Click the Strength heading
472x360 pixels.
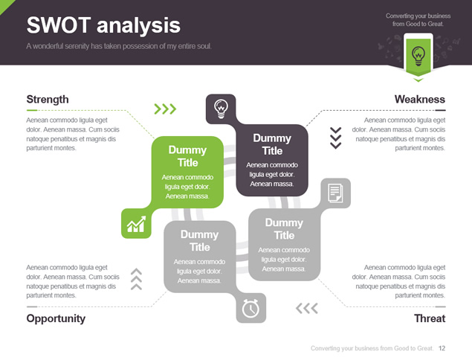48,100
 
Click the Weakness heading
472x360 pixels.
420,100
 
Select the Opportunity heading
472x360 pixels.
56,319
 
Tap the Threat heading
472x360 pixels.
430,318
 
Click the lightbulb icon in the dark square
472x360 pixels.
221,109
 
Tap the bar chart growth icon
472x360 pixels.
136,224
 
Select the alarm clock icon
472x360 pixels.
250,308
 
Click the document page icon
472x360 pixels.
335,193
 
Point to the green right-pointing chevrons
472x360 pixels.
165,109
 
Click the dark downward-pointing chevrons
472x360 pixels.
336,138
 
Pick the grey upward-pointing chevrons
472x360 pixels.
136,279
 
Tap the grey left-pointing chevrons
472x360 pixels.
307,308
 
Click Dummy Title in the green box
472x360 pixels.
187,156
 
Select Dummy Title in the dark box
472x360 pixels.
272,144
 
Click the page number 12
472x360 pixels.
442,348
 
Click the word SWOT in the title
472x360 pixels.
59,25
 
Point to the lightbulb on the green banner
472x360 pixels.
418,56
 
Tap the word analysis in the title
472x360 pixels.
139,26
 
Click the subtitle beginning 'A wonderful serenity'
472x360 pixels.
119,46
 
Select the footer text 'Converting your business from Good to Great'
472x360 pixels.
372,348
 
